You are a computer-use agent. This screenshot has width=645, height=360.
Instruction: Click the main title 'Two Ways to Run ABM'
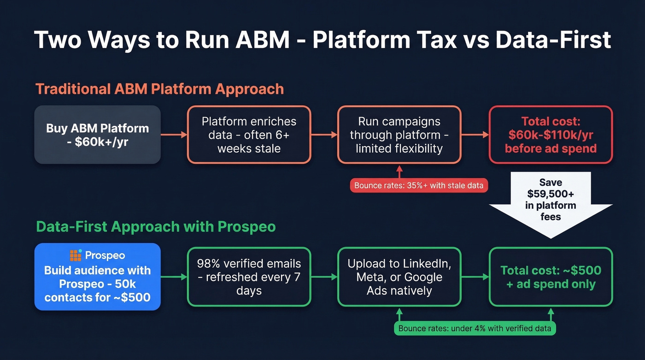tap(322, 40)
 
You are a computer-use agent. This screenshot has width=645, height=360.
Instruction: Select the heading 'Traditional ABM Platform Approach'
tap(159, 89)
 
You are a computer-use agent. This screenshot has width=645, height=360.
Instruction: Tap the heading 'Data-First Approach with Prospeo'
tap(156, 226)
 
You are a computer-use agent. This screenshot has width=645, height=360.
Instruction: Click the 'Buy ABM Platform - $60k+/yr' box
tap(98, 135)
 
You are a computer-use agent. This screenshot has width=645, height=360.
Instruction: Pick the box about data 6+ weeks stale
tap(249, 135)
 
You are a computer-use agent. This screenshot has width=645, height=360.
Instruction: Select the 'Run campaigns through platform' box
tap(399, 135)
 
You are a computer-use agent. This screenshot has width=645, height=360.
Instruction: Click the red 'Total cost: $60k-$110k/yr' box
tap(551, 135)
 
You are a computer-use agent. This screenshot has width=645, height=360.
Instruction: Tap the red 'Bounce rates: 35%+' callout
tap(419, 186)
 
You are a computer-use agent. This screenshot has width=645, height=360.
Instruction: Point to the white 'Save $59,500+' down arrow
tap(551, 203)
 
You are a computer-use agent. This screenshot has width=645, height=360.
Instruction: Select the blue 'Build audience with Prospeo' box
tap(98, 277)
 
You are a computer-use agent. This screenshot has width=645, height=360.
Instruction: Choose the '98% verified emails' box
tap(249, 277)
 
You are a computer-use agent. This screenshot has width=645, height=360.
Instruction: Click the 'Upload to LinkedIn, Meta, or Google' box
tap(399, 277)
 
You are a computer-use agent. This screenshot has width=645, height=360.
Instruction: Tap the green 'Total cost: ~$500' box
tap(551, 277)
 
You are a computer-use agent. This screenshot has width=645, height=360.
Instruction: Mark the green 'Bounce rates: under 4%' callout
tap(475, 328)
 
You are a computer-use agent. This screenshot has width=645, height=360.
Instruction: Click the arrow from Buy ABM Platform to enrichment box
tap(174, 135)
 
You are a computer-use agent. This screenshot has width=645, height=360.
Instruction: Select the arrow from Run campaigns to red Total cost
tap(475, 135)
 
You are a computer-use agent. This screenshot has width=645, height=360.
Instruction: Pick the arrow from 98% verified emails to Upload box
tap(324, 277)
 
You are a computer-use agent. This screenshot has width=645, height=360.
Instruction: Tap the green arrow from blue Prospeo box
tap(174, 277)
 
